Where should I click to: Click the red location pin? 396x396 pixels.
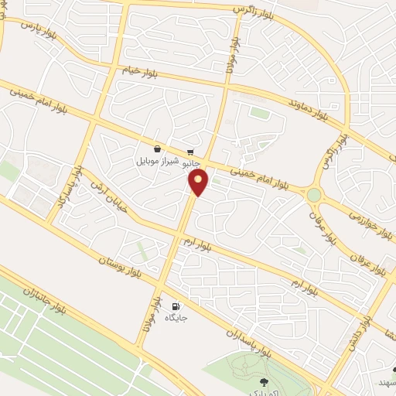(199, 183)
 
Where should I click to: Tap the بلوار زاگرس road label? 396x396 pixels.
(254, 9)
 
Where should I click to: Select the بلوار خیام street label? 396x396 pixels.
(137, 71)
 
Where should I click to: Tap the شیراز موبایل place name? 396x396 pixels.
(157, 162)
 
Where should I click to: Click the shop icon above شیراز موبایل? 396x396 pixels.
(157, 149)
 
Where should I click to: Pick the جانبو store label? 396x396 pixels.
(190, 164)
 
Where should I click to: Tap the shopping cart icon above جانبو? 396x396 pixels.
(190, 152)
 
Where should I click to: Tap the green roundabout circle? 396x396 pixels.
(314, 195)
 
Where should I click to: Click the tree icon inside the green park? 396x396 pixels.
(263, 381)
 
